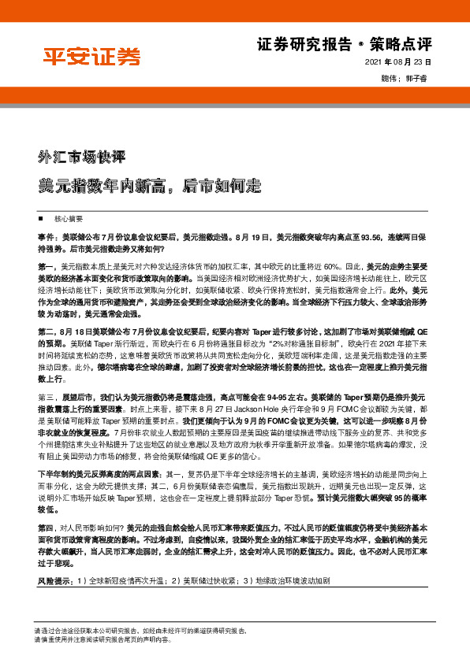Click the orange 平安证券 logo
(91, 57)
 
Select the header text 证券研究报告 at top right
(304, 44)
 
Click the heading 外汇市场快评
(82, 156)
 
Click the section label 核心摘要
(69, 217)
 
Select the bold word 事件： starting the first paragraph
(46, 235)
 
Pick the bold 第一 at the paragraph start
(46, 267)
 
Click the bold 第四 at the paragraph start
(46, 526)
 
